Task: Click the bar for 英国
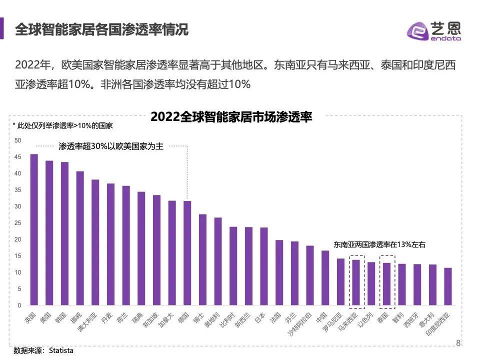click(34, 229)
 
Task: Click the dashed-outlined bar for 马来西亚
click(356, 282)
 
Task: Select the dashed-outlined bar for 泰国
click(386, 284)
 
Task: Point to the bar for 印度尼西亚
click(448, 286)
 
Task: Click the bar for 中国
click(325, 278)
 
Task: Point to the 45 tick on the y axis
click(18, 157)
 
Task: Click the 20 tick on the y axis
click(18, 239)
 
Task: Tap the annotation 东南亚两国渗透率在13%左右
click(379, 245)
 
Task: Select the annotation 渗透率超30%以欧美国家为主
click(110, 146)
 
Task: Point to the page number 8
click(458, 342)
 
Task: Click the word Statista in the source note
click(61, 350)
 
